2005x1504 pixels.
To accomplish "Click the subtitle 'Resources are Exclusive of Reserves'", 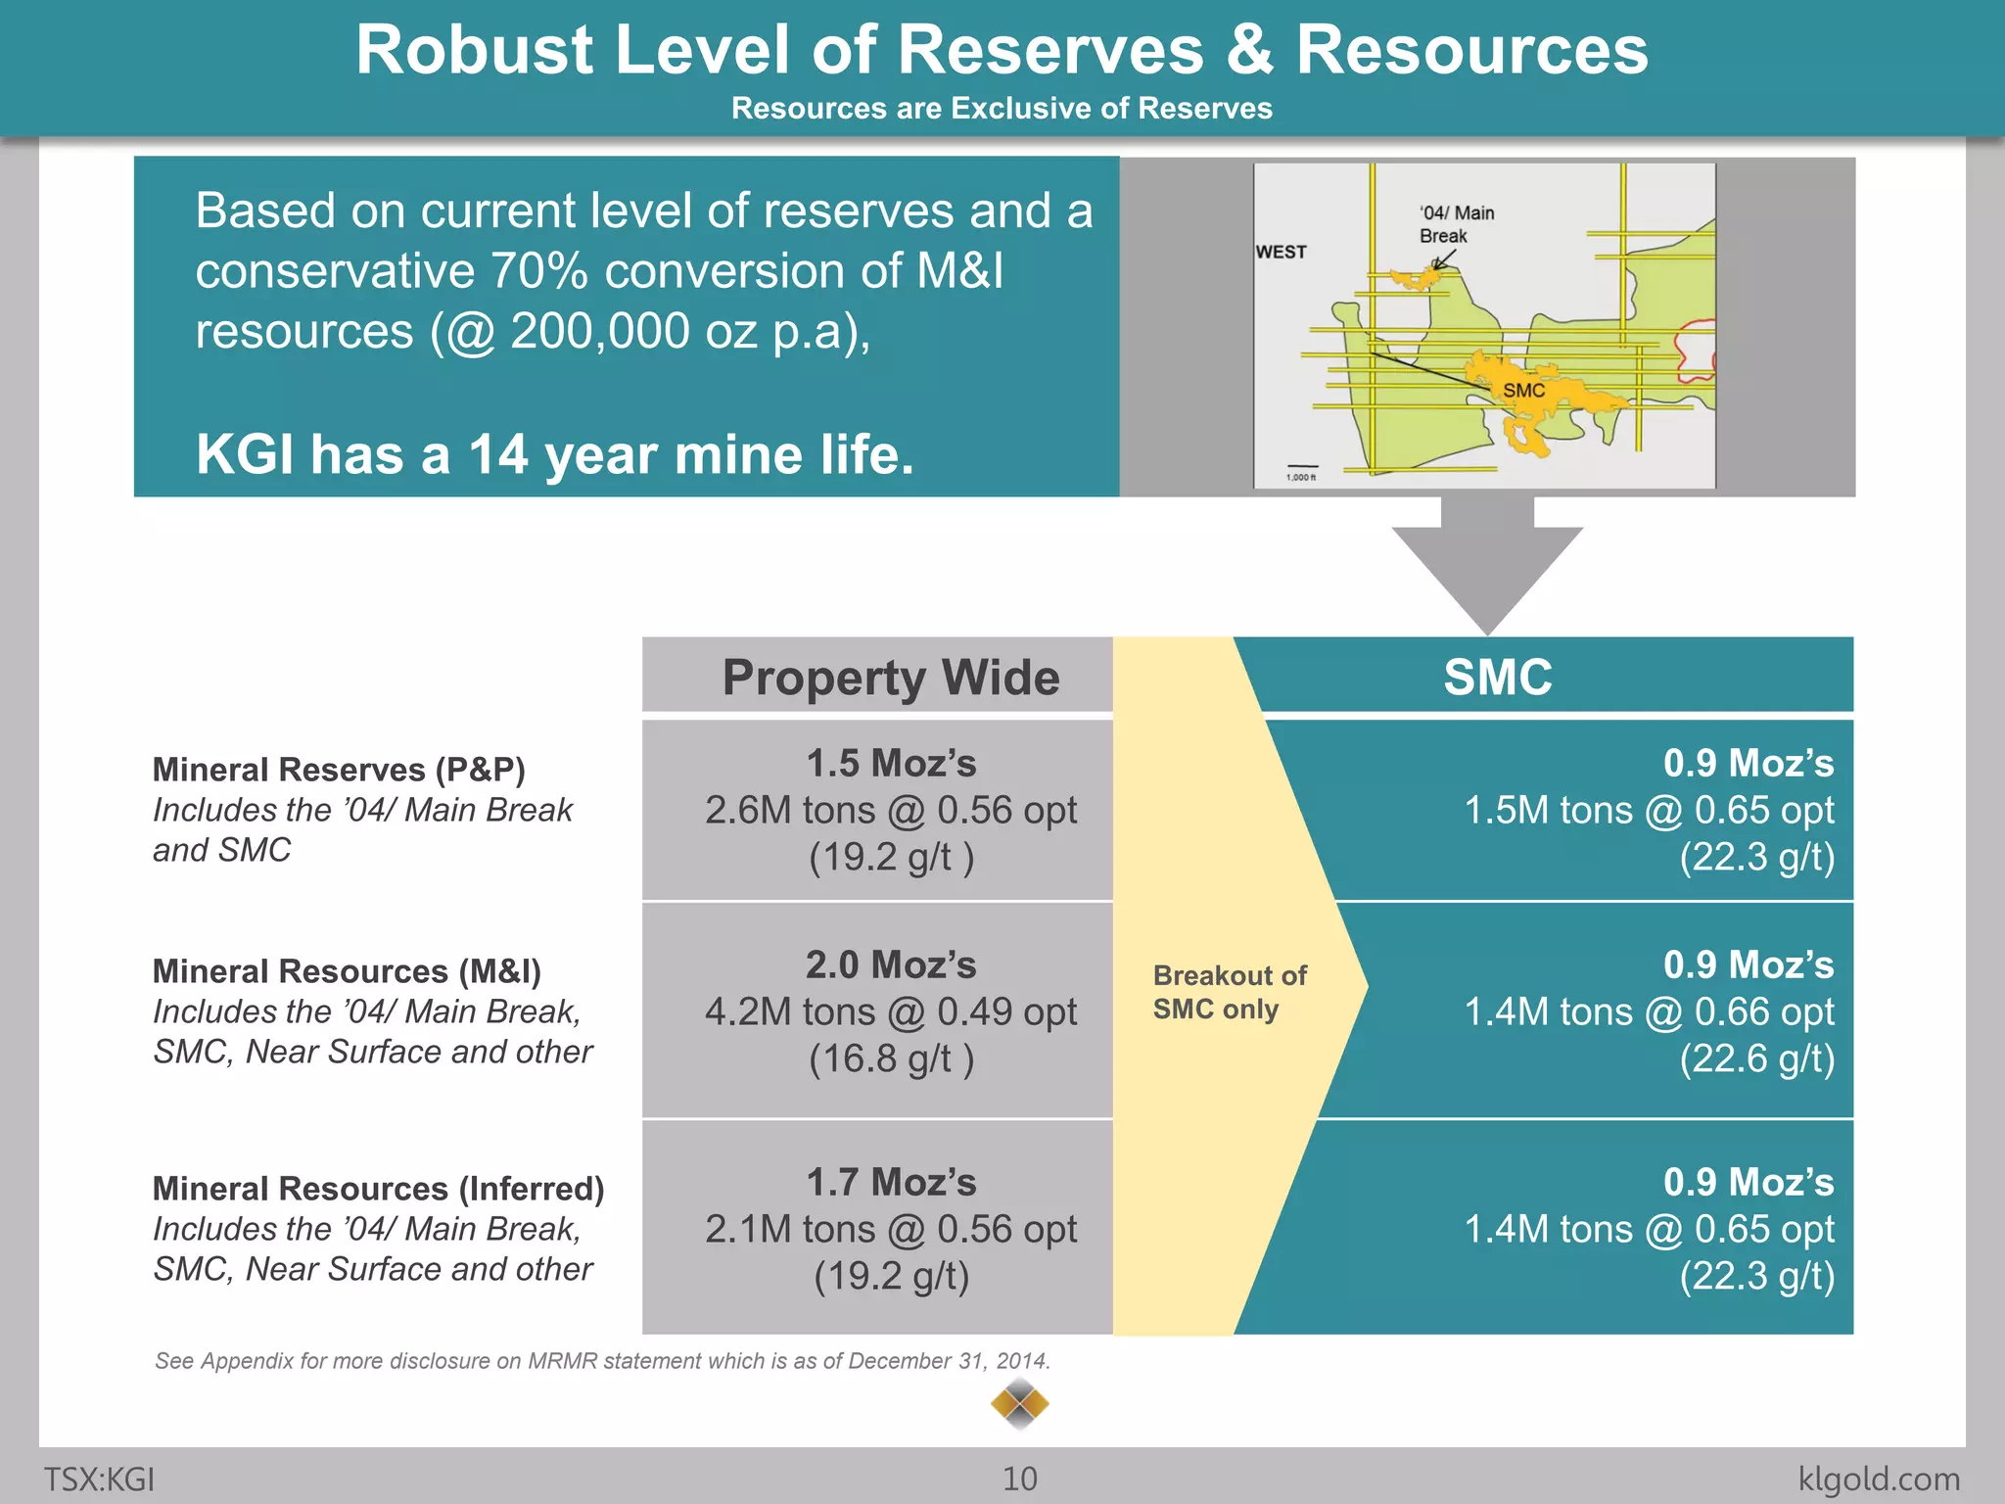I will pyautogui.click(x=1002, y=108).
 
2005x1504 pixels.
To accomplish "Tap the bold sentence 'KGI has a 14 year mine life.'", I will pyautogui.click(x=554, y=454).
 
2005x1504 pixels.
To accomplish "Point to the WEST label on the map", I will pyautogui.click(x=1281, y=252).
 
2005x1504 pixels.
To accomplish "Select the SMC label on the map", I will pyautogui.click(x=1523, y=391).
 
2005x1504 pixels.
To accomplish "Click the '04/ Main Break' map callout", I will pyautogui.click(x=1456, y=224).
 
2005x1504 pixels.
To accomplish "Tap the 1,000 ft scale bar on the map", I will pyautogui.click(x=1301, y=471).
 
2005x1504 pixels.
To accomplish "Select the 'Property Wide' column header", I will pyautogui.click(x=890, y=677).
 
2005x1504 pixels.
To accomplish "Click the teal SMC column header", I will pyautogui.click(x=1498, y=677).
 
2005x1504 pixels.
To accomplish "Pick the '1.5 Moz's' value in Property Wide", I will pyautogui.click(x=891, y=764).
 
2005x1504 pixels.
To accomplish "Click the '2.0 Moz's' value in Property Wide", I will pyautogui.click(x=891, y=965).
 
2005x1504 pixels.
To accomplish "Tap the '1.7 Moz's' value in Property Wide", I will pyautogui.click(x=891, y=1183).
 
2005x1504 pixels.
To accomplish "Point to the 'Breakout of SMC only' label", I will pyautogui.click(x=1229, y=992).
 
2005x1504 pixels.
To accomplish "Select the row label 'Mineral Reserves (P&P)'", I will pyautogui.click(x=339, y=770).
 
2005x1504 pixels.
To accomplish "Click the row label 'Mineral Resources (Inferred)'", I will pyautogui.click(x=378, y=1189).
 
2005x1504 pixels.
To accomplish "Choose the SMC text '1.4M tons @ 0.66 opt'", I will pyautogui.click(x=1649, y=1011).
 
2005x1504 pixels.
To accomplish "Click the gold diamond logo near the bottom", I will pyautogui.click(x=1019, y=1404).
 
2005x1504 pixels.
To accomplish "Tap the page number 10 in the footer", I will pyautogui.click(x=1019, y=1479).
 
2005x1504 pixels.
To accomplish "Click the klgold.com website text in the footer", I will pyautogui.click(x=1878, y=1479).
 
